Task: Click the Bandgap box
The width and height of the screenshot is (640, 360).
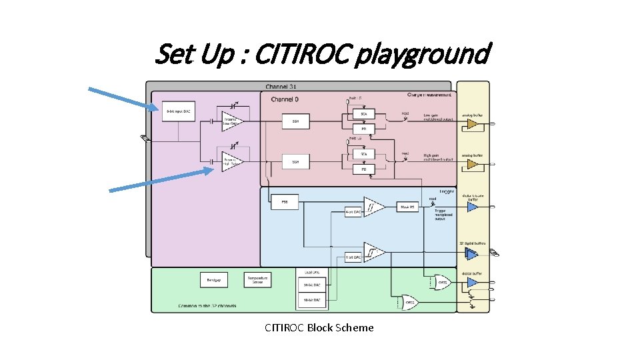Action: point(215,280)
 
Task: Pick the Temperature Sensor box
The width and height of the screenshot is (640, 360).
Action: point(257,280)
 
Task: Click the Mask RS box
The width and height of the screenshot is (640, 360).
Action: point(407,207)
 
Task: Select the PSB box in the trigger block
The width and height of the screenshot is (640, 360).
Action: point(285,201)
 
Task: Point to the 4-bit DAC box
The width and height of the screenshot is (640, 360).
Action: point(353,212)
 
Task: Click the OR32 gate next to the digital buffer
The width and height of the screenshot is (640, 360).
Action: point(443,283)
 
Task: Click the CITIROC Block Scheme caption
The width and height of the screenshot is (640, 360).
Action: point(319,327)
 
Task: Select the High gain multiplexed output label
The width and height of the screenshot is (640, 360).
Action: point(438,158)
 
